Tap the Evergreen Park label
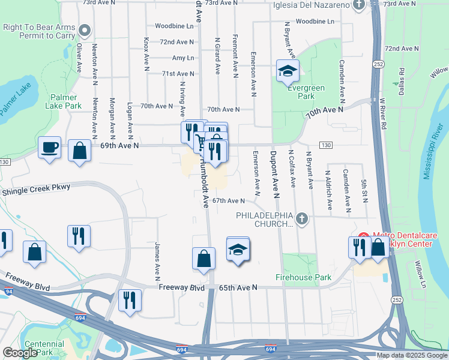(306, 92)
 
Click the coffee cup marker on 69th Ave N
(49, 147)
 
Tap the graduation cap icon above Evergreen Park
(288, 71)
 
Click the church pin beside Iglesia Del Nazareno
(359, 5)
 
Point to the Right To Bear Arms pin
(85, 31)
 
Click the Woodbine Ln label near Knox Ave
(174, 26)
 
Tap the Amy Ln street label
(183, 58)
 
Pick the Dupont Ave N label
(276, 174)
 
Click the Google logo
(20, 353)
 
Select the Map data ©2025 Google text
(411, 355)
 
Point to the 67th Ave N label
(229, 201)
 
